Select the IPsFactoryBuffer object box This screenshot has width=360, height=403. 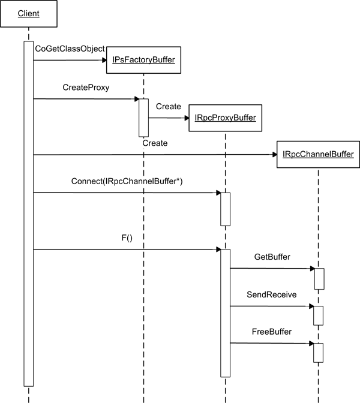[x=144, y=59]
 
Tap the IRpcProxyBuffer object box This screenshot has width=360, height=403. [x=225, y=118]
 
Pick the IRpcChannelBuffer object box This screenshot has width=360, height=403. [x=318, y=155]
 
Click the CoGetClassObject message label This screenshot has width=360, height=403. [x=71, y=48]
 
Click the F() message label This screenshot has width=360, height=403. [x=127, y=238]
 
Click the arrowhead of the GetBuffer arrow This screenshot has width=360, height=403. [x=311, y=269]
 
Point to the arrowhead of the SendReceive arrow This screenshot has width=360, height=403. [x=311, y=306]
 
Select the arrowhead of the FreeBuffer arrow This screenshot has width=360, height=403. [x=311, y=344]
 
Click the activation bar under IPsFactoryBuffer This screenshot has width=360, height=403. [x=144, y=118]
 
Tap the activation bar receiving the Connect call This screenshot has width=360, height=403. [x=225, y=209]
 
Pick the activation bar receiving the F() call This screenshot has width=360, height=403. [x=225, y=312]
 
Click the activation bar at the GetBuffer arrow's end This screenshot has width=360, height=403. [x=319, y=279]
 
